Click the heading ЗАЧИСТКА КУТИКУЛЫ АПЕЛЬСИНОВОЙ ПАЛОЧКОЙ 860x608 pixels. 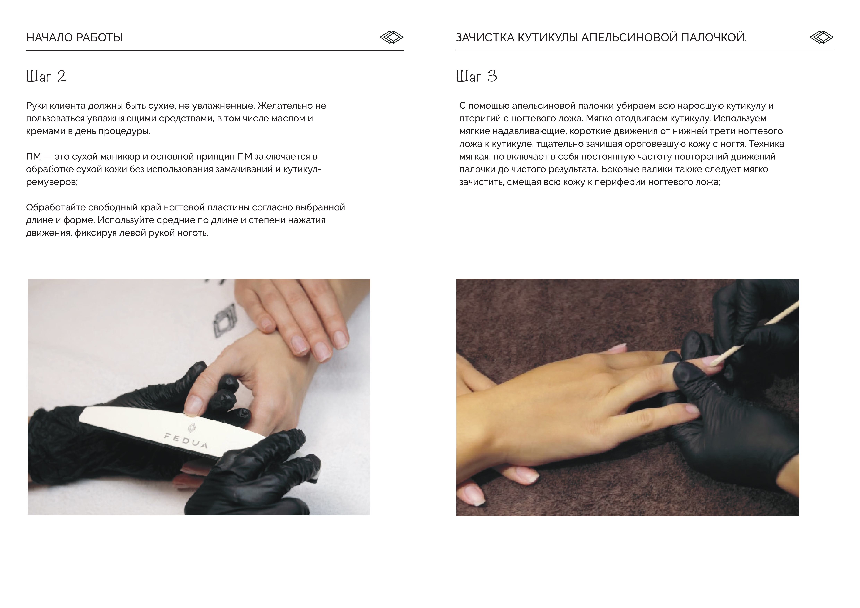coord(601,37)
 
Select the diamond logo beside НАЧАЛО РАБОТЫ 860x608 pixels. coord(391,37)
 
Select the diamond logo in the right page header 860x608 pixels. coord(821,37)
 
